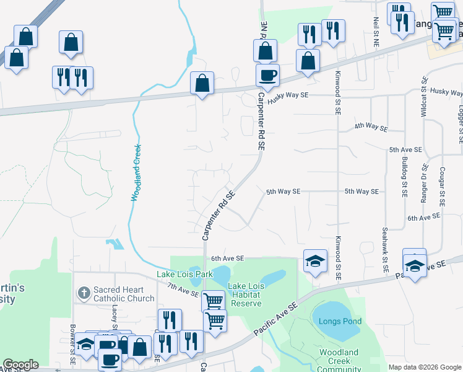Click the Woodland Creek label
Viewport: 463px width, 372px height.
[x=136, y=172]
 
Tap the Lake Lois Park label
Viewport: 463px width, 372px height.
[x=184, y=274]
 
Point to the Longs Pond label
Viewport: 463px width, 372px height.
[x=335, y=321]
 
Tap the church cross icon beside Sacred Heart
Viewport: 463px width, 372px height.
[x=84, y=291]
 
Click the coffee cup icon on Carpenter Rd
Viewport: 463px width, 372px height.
[x=267, y=76]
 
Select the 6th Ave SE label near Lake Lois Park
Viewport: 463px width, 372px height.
[x=228, y=258]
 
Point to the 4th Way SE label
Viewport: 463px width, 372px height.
[x=371, y=126]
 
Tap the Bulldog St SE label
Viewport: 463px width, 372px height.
[x=404, y=178]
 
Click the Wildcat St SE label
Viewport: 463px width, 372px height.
[x=424, y=97]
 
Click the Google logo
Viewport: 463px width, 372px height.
[x=20, y=365]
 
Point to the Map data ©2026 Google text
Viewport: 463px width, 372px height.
[x=424, y=367]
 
